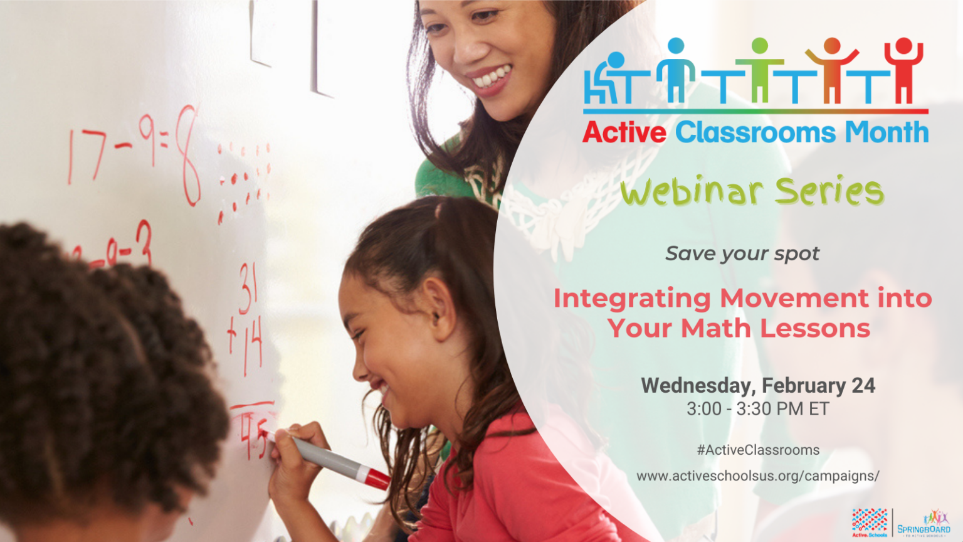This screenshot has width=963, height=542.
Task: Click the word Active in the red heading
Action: click(x=624, y=132)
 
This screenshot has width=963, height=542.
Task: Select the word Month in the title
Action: click(x=887, y=132)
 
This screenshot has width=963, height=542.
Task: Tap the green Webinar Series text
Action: click(x=752, y=191)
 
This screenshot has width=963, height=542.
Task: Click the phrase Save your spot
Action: click(x=742, y=253)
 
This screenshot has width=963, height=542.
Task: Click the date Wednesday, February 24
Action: click(x=758, y=385)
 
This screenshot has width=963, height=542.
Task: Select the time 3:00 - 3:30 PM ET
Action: click(x=757, y=409)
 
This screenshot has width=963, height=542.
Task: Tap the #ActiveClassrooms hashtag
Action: click(x=758, y=450)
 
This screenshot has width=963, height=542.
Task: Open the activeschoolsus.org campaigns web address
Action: click(x=757, y=476)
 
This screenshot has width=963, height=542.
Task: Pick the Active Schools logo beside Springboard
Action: click(x=870, y=523)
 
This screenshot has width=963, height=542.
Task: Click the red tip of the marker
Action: click(x=377, y=479)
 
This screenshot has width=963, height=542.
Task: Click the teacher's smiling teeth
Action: click(x=492, y=78)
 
